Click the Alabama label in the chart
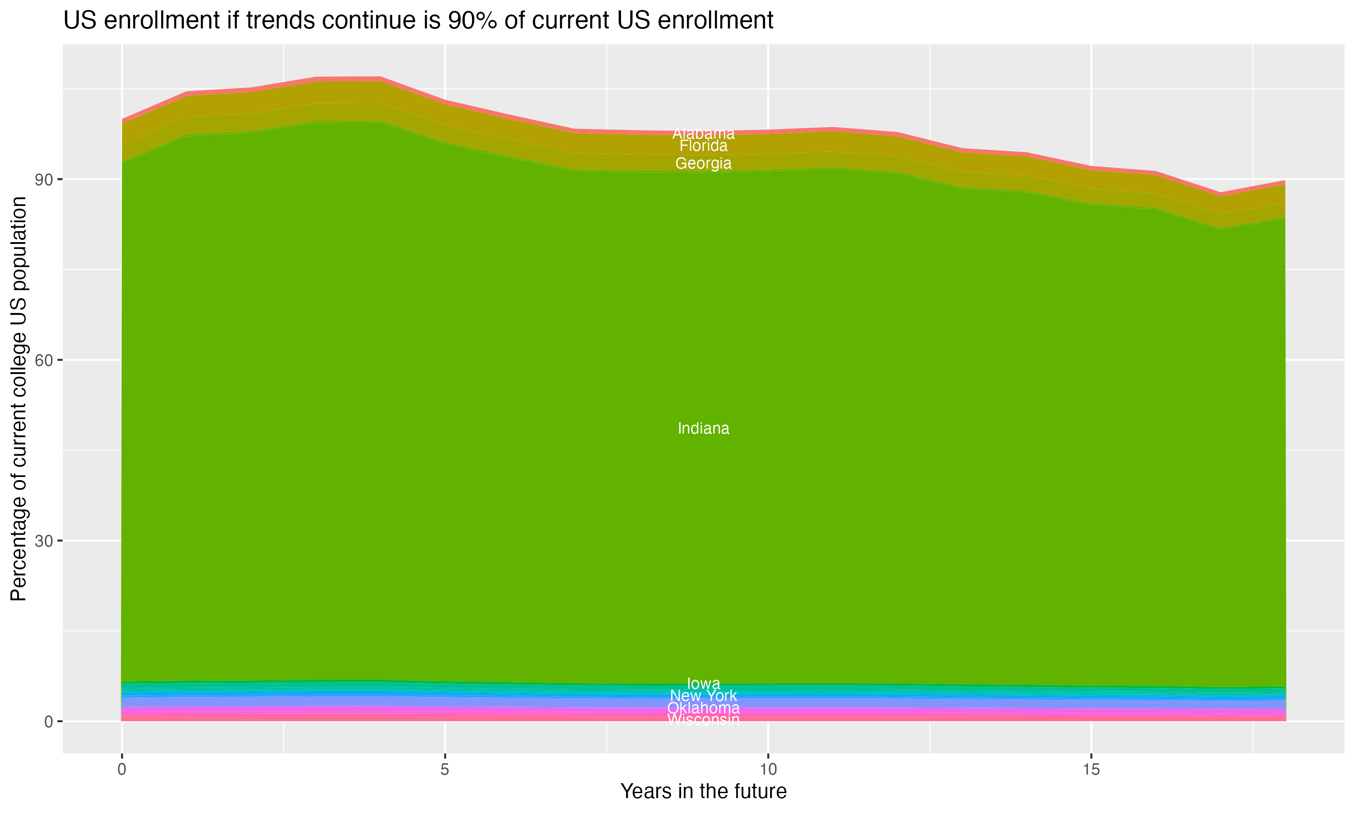(x=703, y=133)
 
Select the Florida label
(x=703, y=146)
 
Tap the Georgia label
(x=703, y=163)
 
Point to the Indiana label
(x=703, y=429)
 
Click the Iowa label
(x=703, y=683)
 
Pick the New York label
(x=703, y=696)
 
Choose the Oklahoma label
(x=703, y=708)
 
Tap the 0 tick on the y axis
(x=49, y=721)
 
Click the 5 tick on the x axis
(x=445, y=770)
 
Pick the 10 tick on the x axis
(x=768, y=770)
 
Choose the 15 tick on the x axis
(x=1091, y=770)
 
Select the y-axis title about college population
(x=19, y=399)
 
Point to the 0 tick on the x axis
(x=121, y=770)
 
